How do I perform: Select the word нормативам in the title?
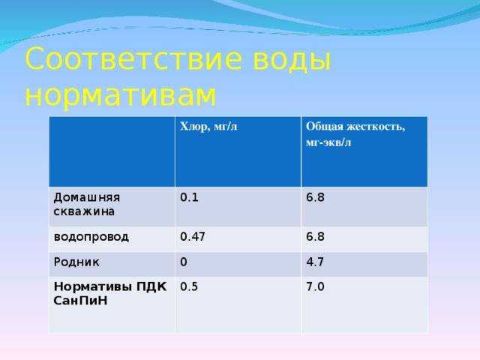[x=121, y=95]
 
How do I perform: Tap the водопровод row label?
[x=90, y=236]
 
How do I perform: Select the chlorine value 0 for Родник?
[x=184, y=263]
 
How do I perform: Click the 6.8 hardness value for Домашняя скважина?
[x=315, y=199]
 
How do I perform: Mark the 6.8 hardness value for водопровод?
[x=315, y=236]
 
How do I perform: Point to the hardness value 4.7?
[x=315, y=263]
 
